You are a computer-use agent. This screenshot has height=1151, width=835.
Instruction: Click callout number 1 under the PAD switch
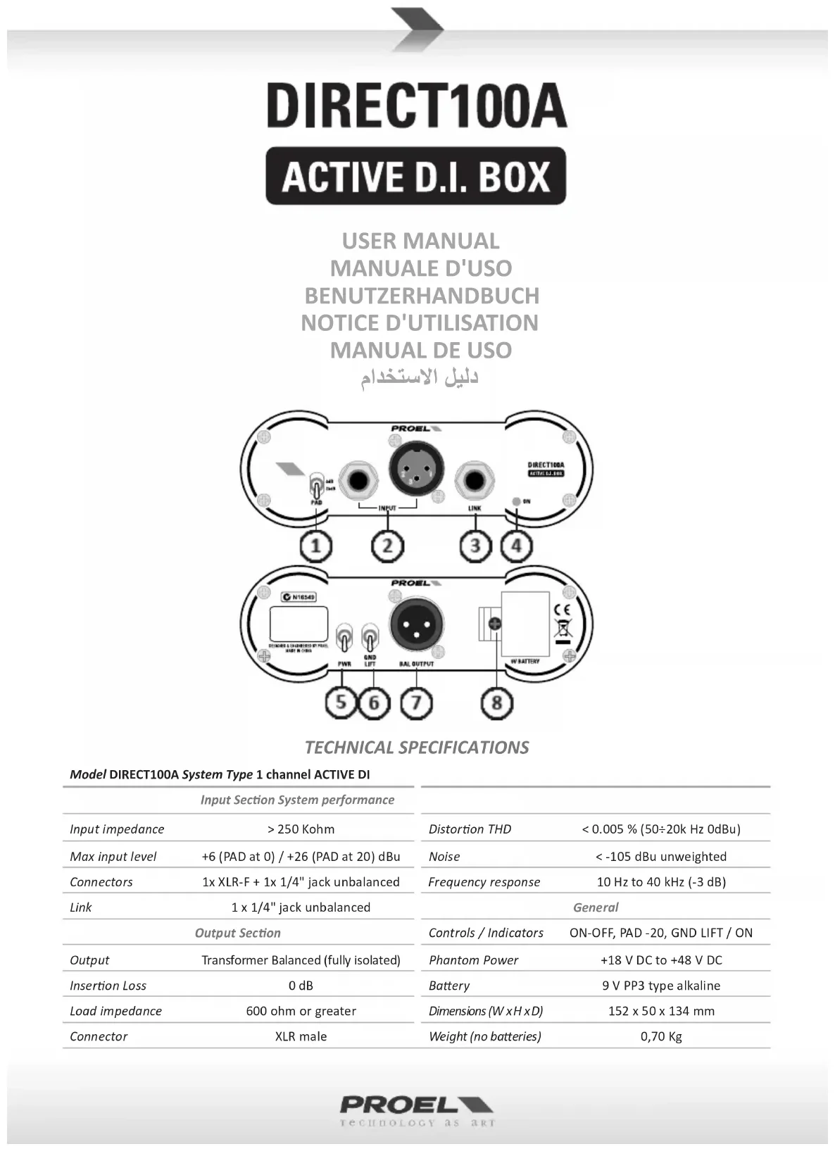coord(315,546)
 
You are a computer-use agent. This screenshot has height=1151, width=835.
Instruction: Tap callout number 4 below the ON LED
coord(517,546)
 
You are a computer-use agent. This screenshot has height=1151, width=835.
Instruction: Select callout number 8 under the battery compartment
coord(497,703)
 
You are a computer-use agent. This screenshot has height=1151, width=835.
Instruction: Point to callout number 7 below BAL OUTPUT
coord(416,703)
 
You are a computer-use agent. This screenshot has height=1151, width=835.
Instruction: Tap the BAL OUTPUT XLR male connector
coord(416,624)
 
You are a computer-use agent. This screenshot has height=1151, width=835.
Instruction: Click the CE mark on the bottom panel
coord(563,610)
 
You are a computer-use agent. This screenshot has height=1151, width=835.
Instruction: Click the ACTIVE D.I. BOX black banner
coord(415,176)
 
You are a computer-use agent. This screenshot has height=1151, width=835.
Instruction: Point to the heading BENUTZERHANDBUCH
coord(421,296)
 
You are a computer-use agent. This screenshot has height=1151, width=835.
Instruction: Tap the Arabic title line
coord(420,378)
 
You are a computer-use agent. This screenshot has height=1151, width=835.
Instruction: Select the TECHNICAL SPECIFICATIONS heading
coord(416,748)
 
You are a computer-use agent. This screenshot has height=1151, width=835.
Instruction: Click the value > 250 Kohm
coord(301,829)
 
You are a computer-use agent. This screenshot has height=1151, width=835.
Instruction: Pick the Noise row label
coord(444,857)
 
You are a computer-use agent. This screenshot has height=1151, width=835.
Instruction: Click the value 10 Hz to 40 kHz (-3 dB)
coord(661,882)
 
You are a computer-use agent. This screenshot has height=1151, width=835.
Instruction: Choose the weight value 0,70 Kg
coord(661,1036)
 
